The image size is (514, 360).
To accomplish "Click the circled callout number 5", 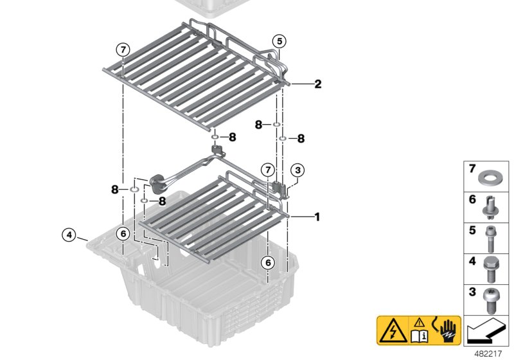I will pyautogui.click(x=278, y=40).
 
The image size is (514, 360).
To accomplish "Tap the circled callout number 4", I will pyautogui.click(x=69, y=233).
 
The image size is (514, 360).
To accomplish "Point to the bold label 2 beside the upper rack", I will pyautogui.click(x=317, y=84).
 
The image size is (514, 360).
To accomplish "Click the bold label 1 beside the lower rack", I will pyautogui.click(x=317, y=217).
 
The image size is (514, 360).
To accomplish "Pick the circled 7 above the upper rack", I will pyautogui.click(x=122, y=50).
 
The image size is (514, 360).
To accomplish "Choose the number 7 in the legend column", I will pyautogui.click(x=472, y=170).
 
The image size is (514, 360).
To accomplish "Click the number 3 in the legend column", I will pyautogui.click(x=472, y=293).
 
